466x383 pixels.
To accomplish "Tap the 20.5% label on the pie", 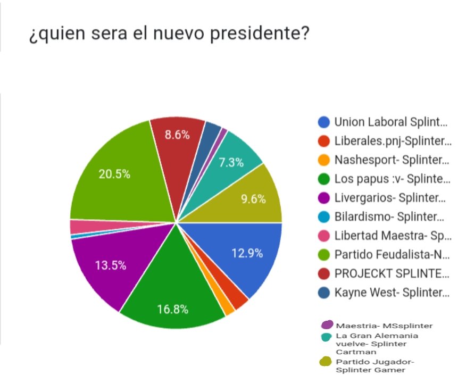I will point(114,174).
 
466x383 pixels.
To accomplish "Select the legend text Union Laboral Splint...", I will point(390,122).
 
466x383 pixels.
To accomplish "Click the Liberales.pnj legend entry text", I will point(393,141).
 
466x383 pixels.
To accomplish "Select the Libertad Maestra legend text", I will point(393,236).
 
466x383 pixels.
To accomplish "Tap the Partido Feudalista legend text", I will point(393,254).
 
